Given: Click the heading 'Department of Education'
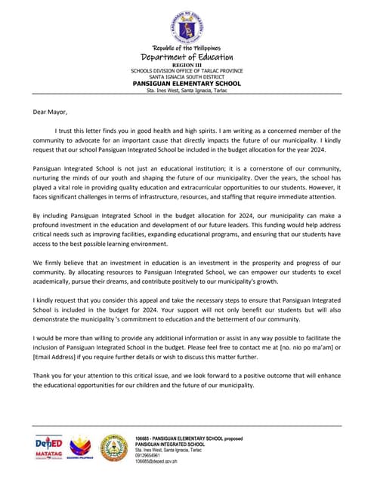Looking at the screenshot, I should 187,57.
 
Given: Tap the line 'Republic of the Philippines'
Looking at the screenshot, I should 187,48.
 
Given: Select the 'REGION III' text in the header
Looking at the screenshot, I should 187,66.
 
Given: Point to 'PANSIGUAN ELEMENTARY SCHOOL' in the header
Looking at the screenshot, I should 187,83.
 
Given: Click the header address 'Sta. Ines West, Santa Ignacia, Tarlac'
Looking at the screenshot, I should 187,91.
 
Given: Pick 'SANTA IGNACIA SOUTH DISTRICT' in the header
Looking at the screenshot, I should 187,77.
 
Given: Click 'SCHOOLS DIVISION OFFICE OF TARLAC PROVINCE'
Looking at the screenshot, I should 187,71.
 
